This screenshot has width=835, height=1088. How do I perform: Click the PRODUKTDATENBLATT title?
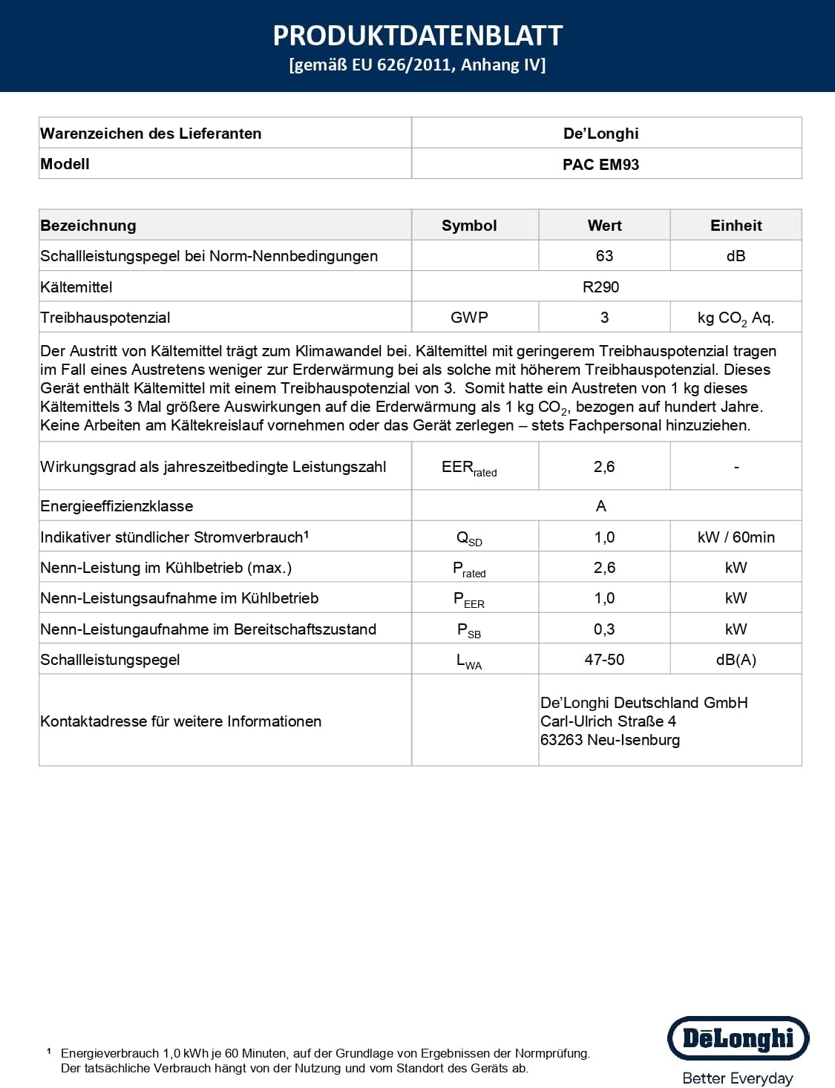(417, 36)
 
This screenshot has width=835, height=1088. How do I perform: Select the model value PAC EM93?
(600, 165)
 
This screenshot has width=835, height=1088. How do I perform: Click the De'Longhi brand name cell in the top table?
(600, 134)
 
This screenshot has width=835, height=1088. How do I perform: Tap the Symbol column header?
(469, 226)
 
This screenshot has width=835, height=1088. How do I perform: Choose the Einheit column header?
(736, 226)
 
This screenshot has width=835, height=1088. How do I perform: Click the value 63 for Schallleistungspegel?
(604, 256)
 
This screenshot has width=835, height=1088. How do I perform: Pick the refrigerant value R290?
(600, 287)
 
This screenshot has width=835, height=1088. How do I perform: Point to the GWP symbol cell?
(469, 318)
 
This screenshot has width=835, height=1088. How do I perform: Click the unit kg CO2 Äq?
(736, 318)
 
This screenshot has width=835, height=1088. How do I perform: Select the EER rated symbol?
(469, 468)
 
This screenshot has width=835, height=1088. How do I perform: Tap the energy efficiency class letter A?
(600, 506)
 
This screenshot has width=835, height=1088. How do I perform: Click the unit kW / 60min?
(736, 537)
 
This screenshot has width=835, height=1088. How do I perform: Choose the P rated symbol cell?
(469, 568)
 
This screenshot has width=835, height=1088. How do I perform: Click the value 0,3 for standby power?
(604, 629)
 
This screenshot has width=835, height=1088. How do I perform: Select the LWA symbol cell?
(469, 661)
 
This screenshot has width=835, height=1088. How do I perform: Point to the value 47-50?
(604, 660)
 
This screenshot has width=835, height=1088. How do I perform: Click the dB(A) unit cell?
(736, 660)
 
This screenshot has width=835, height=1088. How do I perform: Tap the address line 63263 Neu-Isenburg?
(610, 740)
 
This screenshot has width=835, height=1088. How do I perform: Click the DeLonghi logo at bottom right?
(738, 1038)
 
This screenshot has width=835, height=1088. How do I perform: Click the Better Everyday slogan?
(738, 1078)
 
